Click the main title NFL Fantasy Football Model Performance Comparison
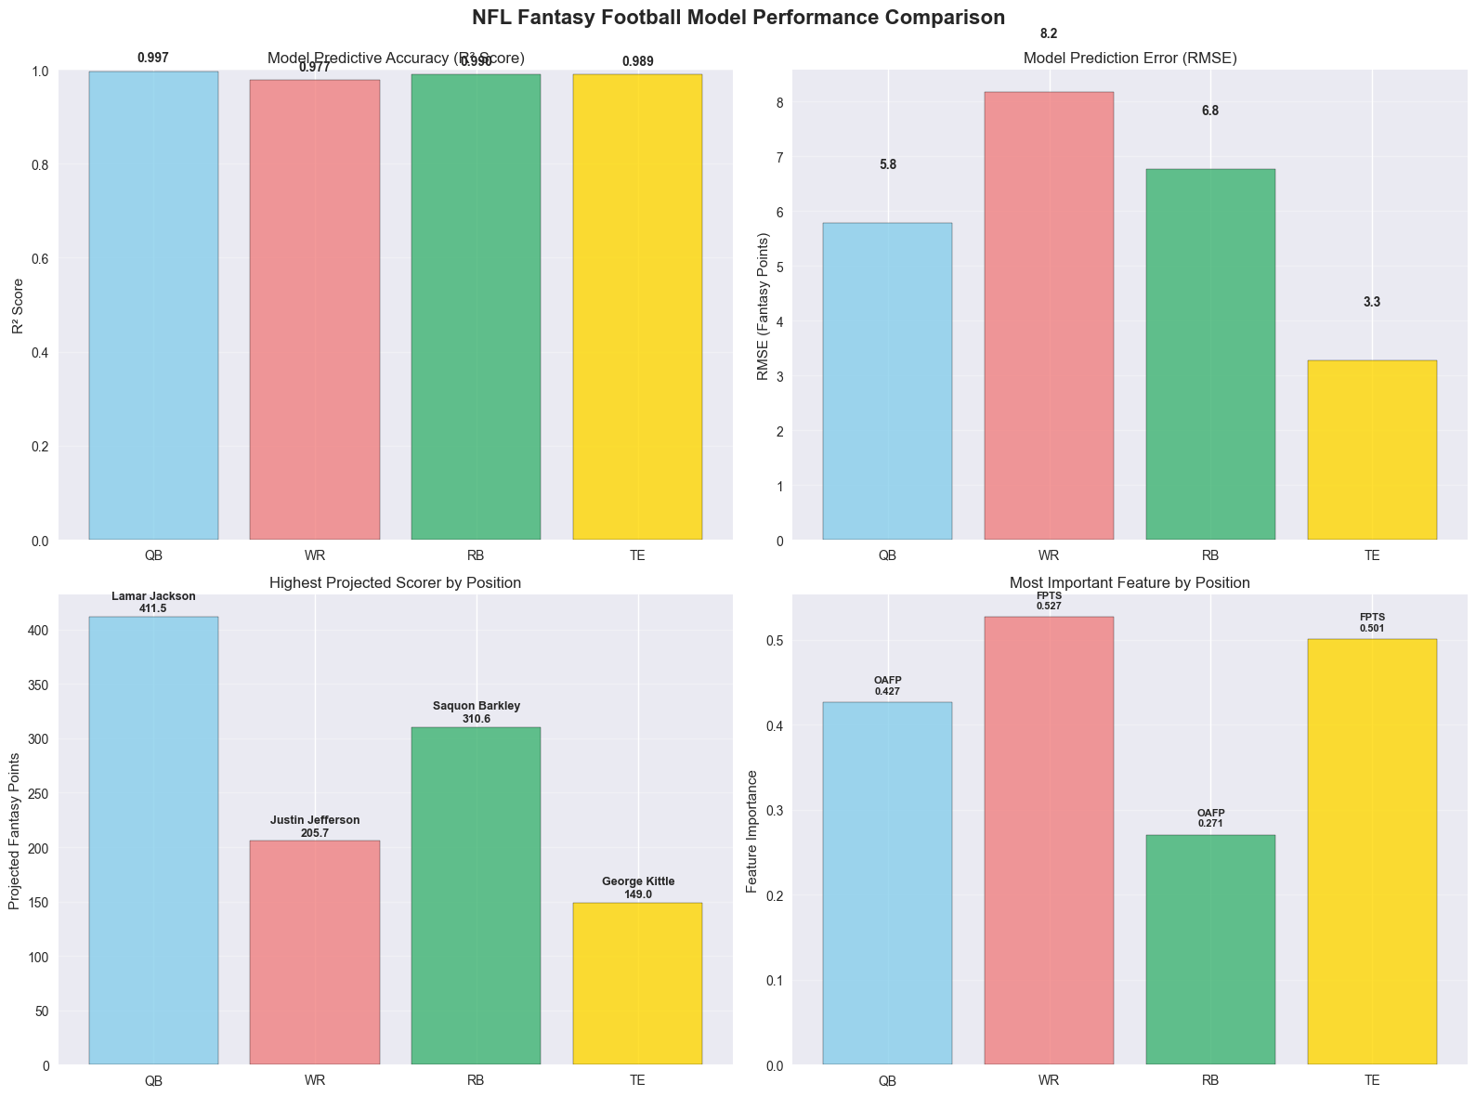[x=738, y=18]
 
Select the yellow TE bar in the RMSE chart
[x=1371, y=450]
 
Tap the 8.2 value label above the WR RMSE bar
[x=1049, y=34]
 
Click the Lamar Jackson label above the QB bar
[x=153, y=596]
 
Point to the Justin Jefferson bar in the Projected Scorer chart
[x=315, y=952]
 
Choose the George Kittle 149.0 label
[x=638, y=888]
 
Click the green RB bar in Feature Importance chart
[x=1209, y=949]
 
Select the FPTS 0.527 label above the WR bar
[x=1049, y=600]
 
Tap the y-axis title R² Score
[x=18, y=305]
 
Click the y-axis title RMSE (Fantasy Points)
[x=763, y=307]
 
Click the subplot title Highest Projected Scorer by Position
[x=395, y=583]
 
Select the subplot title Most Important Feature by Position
[x=1130, y=583]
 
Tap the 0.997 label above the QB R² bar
[x=153, y=59]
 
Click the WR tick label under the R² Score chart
[x=315, y=556]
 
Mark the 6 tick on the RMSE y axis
[x=781, y=212]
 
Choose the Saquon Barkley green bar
[x=476, y=895]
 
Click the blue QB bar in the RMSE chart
[x=887, y=381]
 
